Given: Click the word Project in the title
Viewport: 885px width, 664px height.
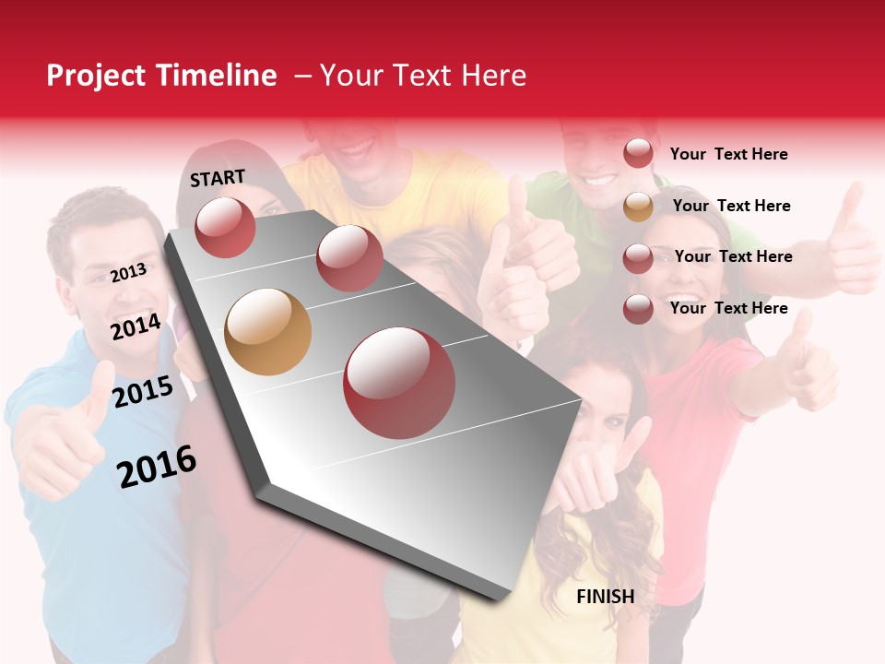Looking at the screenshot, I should [x=97, y=76].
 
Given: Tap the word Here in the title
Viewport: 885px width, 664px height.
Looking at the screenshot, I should [x=494, y=76].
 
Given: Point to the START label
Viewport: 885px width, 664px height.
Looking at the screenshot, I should [x=218, y=178].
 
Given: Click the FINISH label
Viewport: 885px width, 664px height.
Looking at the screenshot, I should [x=606, y=597].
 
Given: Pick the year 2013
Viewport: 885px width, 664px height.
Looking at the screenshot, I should [x=129, y=272].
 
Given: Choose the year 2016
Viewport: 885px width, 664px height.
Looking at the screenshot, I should [x=157, y=467].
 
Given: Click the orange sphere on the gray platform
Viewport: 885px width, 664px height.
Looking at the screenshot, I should [x=267, y=332].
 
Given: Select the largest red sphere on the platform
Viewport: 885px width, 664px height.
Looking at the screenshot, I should [x=399, y=383].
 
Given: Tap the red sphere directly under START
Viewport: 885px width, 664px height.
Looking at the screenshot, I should [x=225, y=227].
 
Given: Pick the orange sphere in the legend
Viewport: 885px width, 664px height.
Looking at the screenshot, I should [x=638, y=207].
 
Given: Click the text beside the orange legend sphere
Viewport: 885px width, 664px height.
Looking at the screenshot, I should [x=731, y=206].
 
